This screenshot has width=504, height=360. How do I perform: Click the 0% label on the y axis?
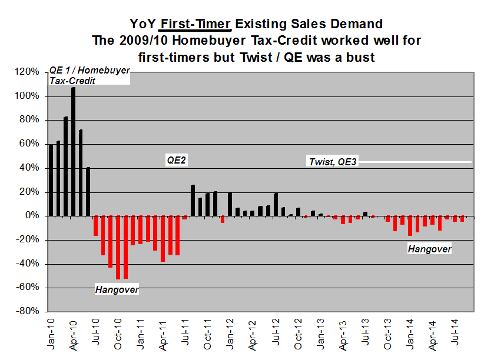[33, 216]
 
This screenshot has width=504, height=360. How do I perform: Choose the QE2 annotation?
[176, 160]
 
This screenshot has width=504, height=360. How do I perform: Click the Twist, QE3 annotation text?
[333, 162]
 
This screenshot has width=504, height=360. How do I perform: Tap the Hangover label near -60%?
[117, 289]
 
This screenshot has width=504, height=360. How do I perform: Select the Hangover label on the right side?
[429, 249]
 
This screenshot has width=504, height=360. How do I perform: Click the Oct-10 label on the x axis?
[118, 332]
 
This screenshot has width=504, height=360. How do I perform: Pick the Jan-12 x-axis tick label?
[230, 332]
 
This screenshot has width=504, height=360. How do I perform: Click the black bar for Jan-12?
[230, 204]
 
